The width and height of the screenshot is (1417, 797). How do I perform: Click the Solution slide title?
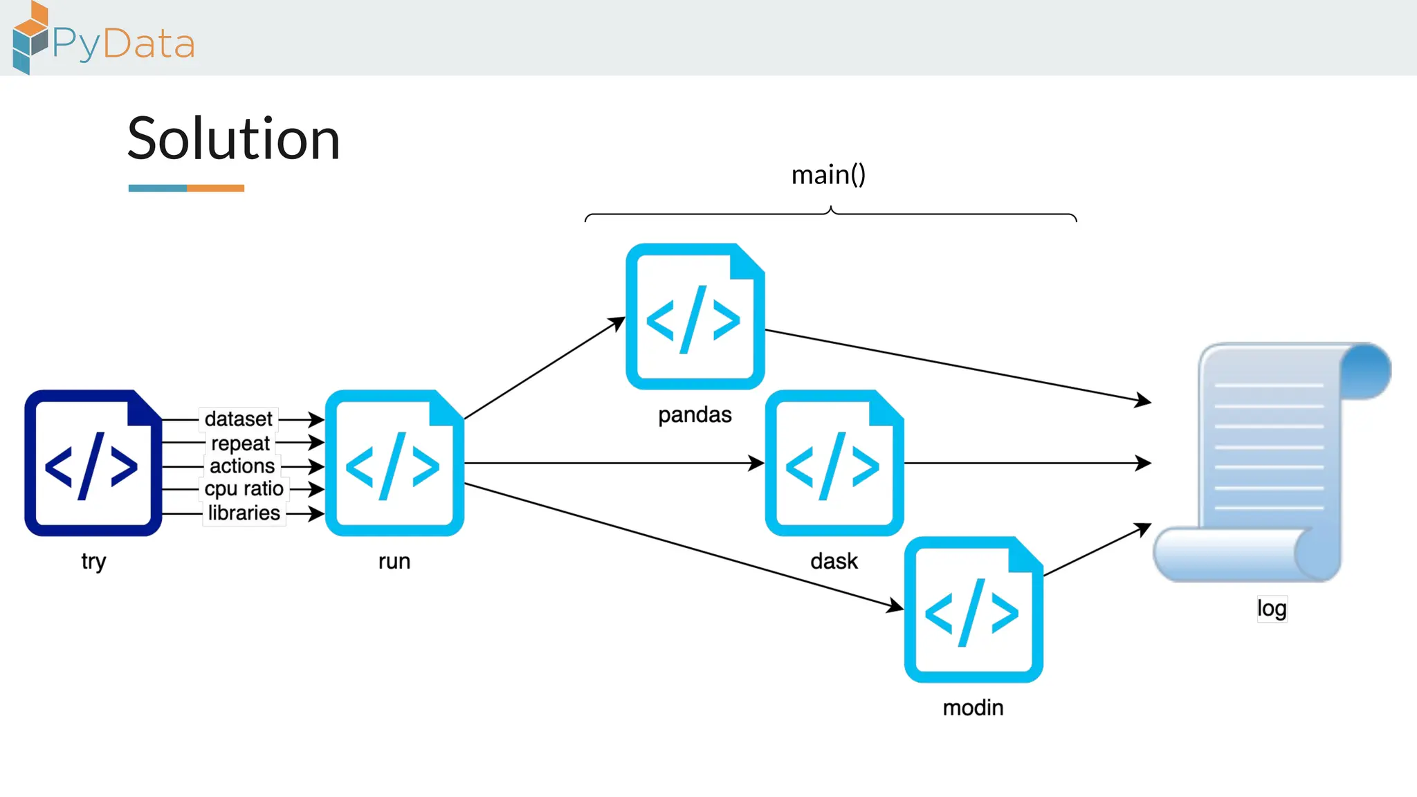tap(234, 139)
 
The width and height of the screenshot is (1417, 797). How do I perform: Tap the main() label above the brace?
tap(828, 174)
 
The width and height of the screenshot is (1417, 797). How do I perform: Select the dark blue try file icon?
tap(93, 463)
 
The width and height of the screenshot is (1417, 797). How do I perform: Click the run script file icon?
tap(394, 463)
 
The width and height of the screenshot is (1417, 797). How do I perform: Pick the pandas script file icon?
tap(695, 316)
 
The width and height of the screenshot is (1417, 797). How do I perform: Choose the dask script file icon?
tap(834, 463)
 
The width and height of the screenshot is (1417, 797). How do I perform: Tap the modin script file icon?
tap(973, 610)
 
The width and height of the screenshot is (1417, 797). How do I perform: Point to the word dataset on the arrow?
tap(239, 419)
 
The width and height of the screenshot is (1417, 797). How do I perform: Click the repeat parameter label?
tap(240, 443)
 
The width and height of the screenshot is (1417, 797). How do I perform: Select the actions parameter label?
tap(242, 466)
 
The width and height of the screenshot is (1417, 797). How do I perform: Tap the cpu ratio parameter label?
tap(244, 489)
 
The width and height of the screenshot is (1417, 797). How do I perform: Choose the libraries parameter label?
tap(244, 513)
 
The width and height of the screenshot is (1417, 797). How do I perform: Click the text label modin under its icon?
tap(973, 708)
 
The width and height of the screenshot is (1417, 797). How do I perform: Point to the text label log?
tap(1272, 608)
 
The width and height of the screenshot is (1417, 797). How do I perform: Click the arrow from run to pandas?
tap(544, 368)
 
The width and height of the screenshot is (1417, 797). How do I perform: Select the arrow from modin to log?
tap(1097, 549)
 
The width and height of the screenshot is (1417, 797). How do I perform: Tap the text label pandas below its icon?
tap(695, 415)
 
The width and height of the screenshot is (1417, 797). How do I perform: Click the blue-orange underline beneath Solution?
tap(186, 188)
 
